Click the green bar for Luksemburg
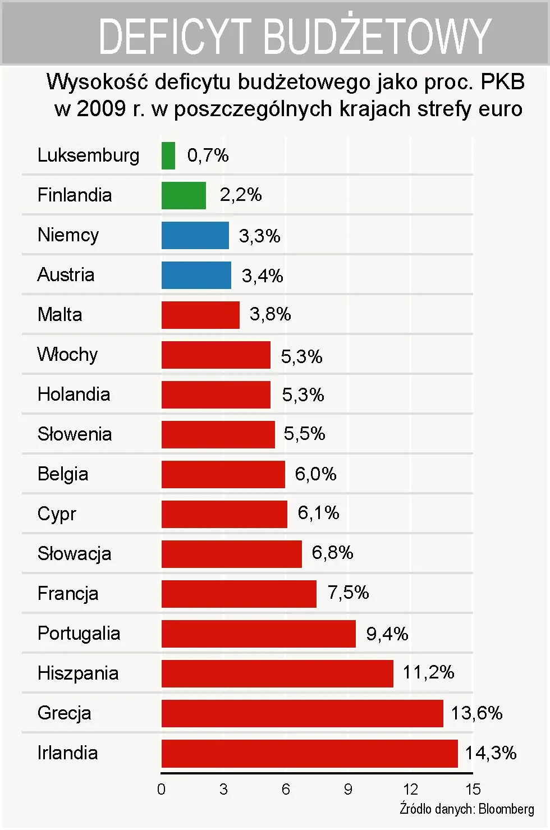coord(168,155)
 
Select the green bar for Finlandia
coord(184,195)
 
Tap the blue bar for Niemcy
coord(195,235)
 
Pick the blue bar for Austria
coord(196,275)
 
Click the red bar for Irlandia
coord(309,753)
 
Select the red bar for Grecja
coord(302,713)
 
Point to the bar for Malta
coord(200,315)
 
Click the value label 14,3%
coord(491,753)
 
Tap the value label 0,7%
coord(208,155)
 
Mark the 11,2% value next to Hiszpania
coord(428,672)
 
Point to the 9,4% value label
coord(387,634)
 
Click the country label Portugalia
coord(79,634)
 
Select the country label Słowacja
coord(74,554)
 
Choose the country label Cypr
coord(57,514)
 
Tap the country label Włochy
coord(67,355)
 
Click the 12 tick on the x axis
coord(410,790)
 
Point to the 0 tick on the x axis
coord(162,790)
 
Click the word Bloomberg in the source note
coord(506,809)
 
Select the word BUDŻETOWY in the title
coord(377,36)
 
